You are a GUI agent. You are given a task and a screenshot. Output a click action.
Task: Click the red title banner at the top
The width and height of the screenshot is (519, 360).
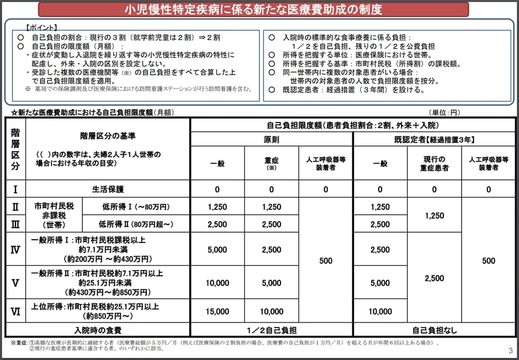tap(253, 9)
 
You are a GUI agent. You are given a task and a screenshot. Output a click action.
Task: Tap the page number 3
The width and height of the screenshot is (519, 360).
tap(510, 351)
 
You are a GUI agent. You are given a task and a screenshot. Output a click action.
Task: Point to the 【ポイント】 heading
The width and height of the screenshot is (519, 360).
tap(41, 27)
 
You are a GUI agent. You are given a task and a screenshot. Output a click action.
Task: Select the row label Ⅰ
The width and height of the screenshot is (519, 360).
tap(15, 189)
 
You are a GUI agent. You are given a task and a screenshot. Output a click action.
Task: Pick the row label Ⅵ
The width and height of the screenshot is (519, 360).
tap(15, 311)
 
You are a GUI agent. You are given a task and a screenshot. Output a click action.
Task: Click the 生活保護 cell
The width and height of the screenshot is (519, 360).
tap(108, 189)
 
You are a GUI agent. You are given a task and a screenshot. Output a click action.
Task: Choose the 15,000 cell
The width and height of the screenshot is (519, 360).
tap(218, 311)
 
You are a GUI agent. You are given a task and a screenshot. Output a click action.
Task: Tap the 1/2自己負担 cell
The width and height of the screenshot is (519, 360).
tap(271, 330)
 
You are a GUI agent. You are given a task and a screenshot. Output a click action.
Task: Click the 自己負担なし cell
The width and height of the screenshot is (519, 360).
tap(435, 330)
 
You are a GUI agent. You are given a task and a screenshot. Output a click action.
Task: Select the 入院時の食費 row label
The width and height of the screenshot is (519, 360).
tap(98, 330)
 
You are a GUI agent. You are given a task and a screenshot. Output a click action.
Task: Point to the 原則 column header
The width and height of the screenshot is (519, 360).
tap(271, 140)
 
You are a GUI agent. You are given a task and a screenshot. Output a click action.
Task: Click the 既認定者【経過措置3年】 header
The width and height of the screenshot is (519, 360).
tap(435, 140)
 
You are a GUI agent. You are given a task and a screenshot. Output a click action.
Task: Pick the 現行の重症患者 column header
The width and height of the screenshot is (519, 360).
tap(435, 163)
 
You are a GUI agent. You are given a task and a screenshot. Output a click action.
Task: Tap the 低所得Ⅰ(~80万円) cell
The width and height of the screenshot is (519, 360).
tap(136, 207)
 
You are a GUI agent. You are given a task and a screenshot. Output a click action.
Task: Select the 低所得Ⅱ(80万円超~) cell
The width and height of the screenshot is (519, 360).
tap(136, 224)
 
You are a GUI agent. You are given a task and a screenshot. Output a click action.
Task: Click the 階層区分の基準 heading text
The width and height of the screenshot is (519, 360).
tap(108, 136)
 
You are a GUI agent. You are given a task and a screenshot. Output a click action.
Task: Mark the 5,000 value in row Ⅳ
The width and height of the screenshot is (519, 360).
tap(218, 250)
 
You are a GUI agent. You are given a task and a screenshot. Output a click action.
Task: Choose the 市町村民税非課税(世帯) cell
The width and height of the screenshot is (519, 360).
tap(54, 215)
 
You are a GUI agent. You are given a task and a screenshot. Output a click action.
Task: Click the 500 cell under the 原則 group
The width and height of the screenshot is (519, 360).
tap(325, 261)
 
